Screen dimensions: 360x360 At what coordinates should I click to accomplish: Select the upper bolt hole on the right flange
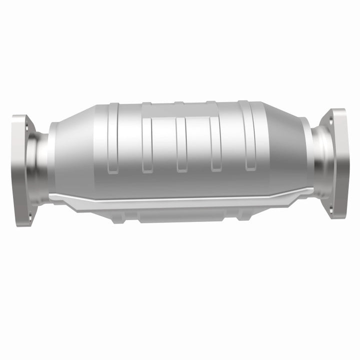coord(330,119)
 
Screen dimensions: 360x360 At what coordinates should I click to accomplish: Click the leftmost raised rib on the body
coord(113,135)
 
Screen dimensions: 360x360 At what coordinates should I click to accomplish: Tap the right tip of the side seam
coord(312,189)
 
